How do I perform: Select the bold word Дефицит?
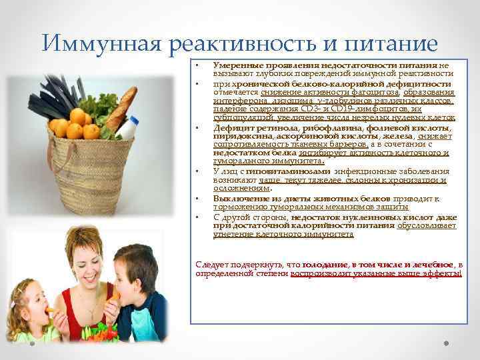[231, 128]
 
